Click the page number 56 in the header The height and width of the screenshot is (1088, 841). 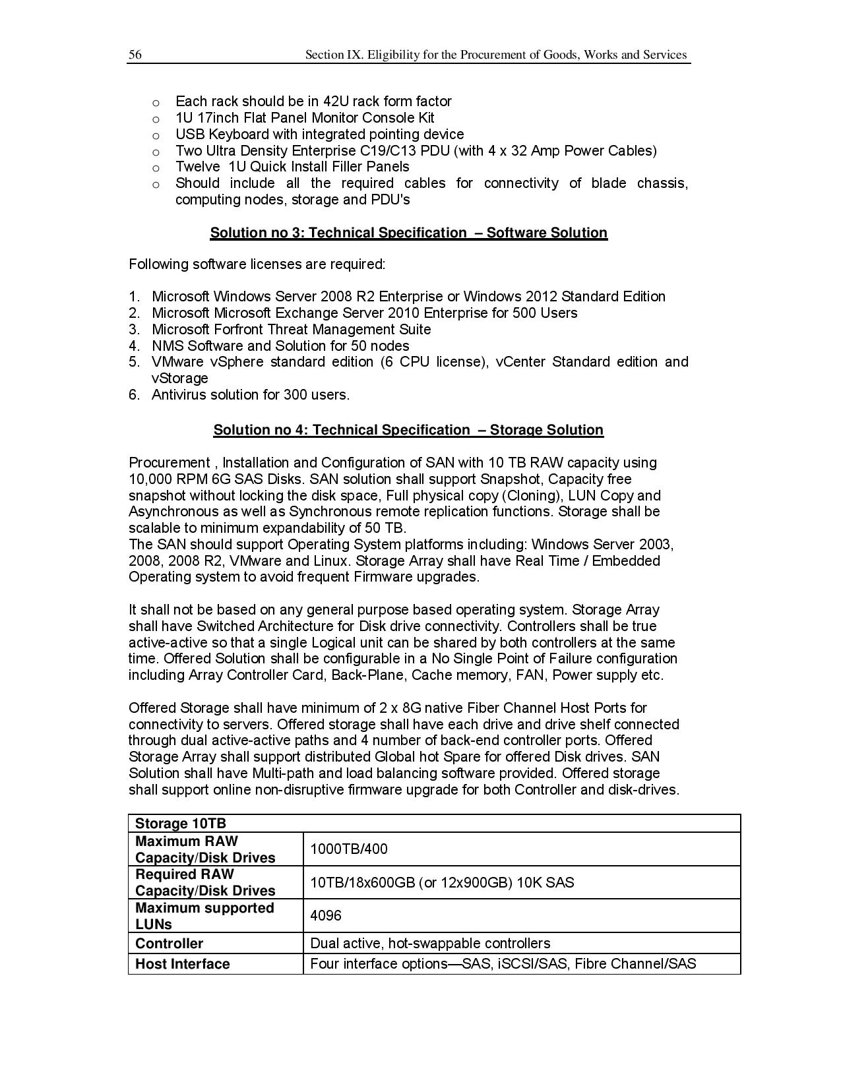[135, 55]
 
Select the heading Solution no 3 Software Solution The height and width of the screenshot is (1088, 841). [408, 233]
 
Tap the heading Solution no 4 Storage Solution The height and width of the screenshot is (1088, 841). [408, 430]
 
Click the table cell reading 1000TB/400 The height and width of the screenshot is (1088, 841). [349, 849]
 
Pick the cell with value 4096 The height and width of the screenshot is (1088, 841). [326, 916]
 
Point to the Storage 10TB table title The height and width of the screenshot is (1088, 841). [180, 824]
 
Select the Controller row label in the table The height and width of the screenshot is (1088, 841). [169, 944]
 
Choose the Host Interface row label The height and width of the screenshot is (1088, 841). [182, 964]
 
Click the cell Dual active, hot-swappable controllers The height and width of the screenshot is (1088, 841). [430, 944]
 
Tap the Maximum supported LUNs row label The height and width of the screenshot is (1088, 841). [204, 916]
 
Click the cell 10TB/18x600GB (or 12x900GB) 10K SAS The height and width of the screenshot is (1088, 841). [442, 882]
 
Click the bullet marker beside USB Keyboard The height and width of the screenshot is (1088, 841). [156, 135]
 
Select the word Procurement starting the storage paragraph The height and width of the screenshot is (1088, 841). [169, 463]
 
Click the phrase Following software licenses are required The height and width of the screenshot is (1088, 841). [257, 264]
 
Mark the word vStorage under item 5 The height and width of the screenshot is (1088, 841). [179, 378]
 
